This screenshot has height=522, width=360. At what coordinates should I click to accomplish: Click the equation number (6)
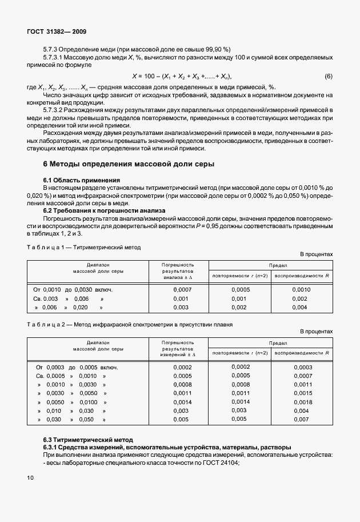[328, 77]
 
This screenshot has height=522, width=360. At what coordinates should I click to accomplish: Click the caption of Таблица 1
[92, 247]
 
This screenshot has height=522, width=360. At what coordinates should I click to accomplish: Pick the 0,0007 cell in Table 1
[181, 289]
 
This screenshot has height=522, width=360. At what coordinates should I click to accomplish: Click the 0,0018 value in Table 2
[302, 403]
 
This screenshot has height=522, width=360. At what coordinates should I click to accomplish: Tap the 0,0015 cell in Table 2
[302, 393]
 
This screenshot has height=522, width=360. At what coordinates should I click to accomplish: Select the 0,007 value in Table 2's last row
[301, 420]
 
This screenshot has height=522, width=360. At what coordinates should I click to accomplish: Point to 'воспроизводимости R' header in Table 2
[302, 353]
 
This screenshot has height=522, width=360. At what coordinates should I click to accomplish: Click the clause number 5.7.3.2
[56, 109]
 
